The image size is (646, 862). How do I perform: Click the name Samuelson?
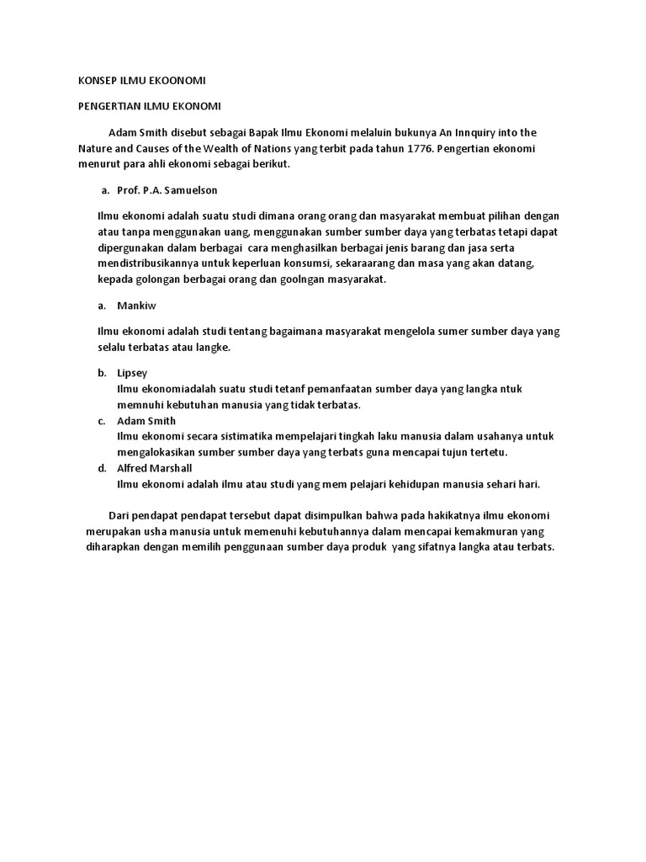coord(191,190)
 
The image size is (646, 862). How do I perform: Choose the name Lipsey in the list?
coord(132,373)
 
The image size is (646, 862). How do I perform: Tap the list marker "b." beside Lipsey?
coord(101,373)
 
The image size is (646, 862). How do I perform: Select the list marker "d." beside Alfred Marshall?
coord(101,469)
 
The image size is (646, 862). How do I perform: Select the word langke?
coord(213,348)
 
